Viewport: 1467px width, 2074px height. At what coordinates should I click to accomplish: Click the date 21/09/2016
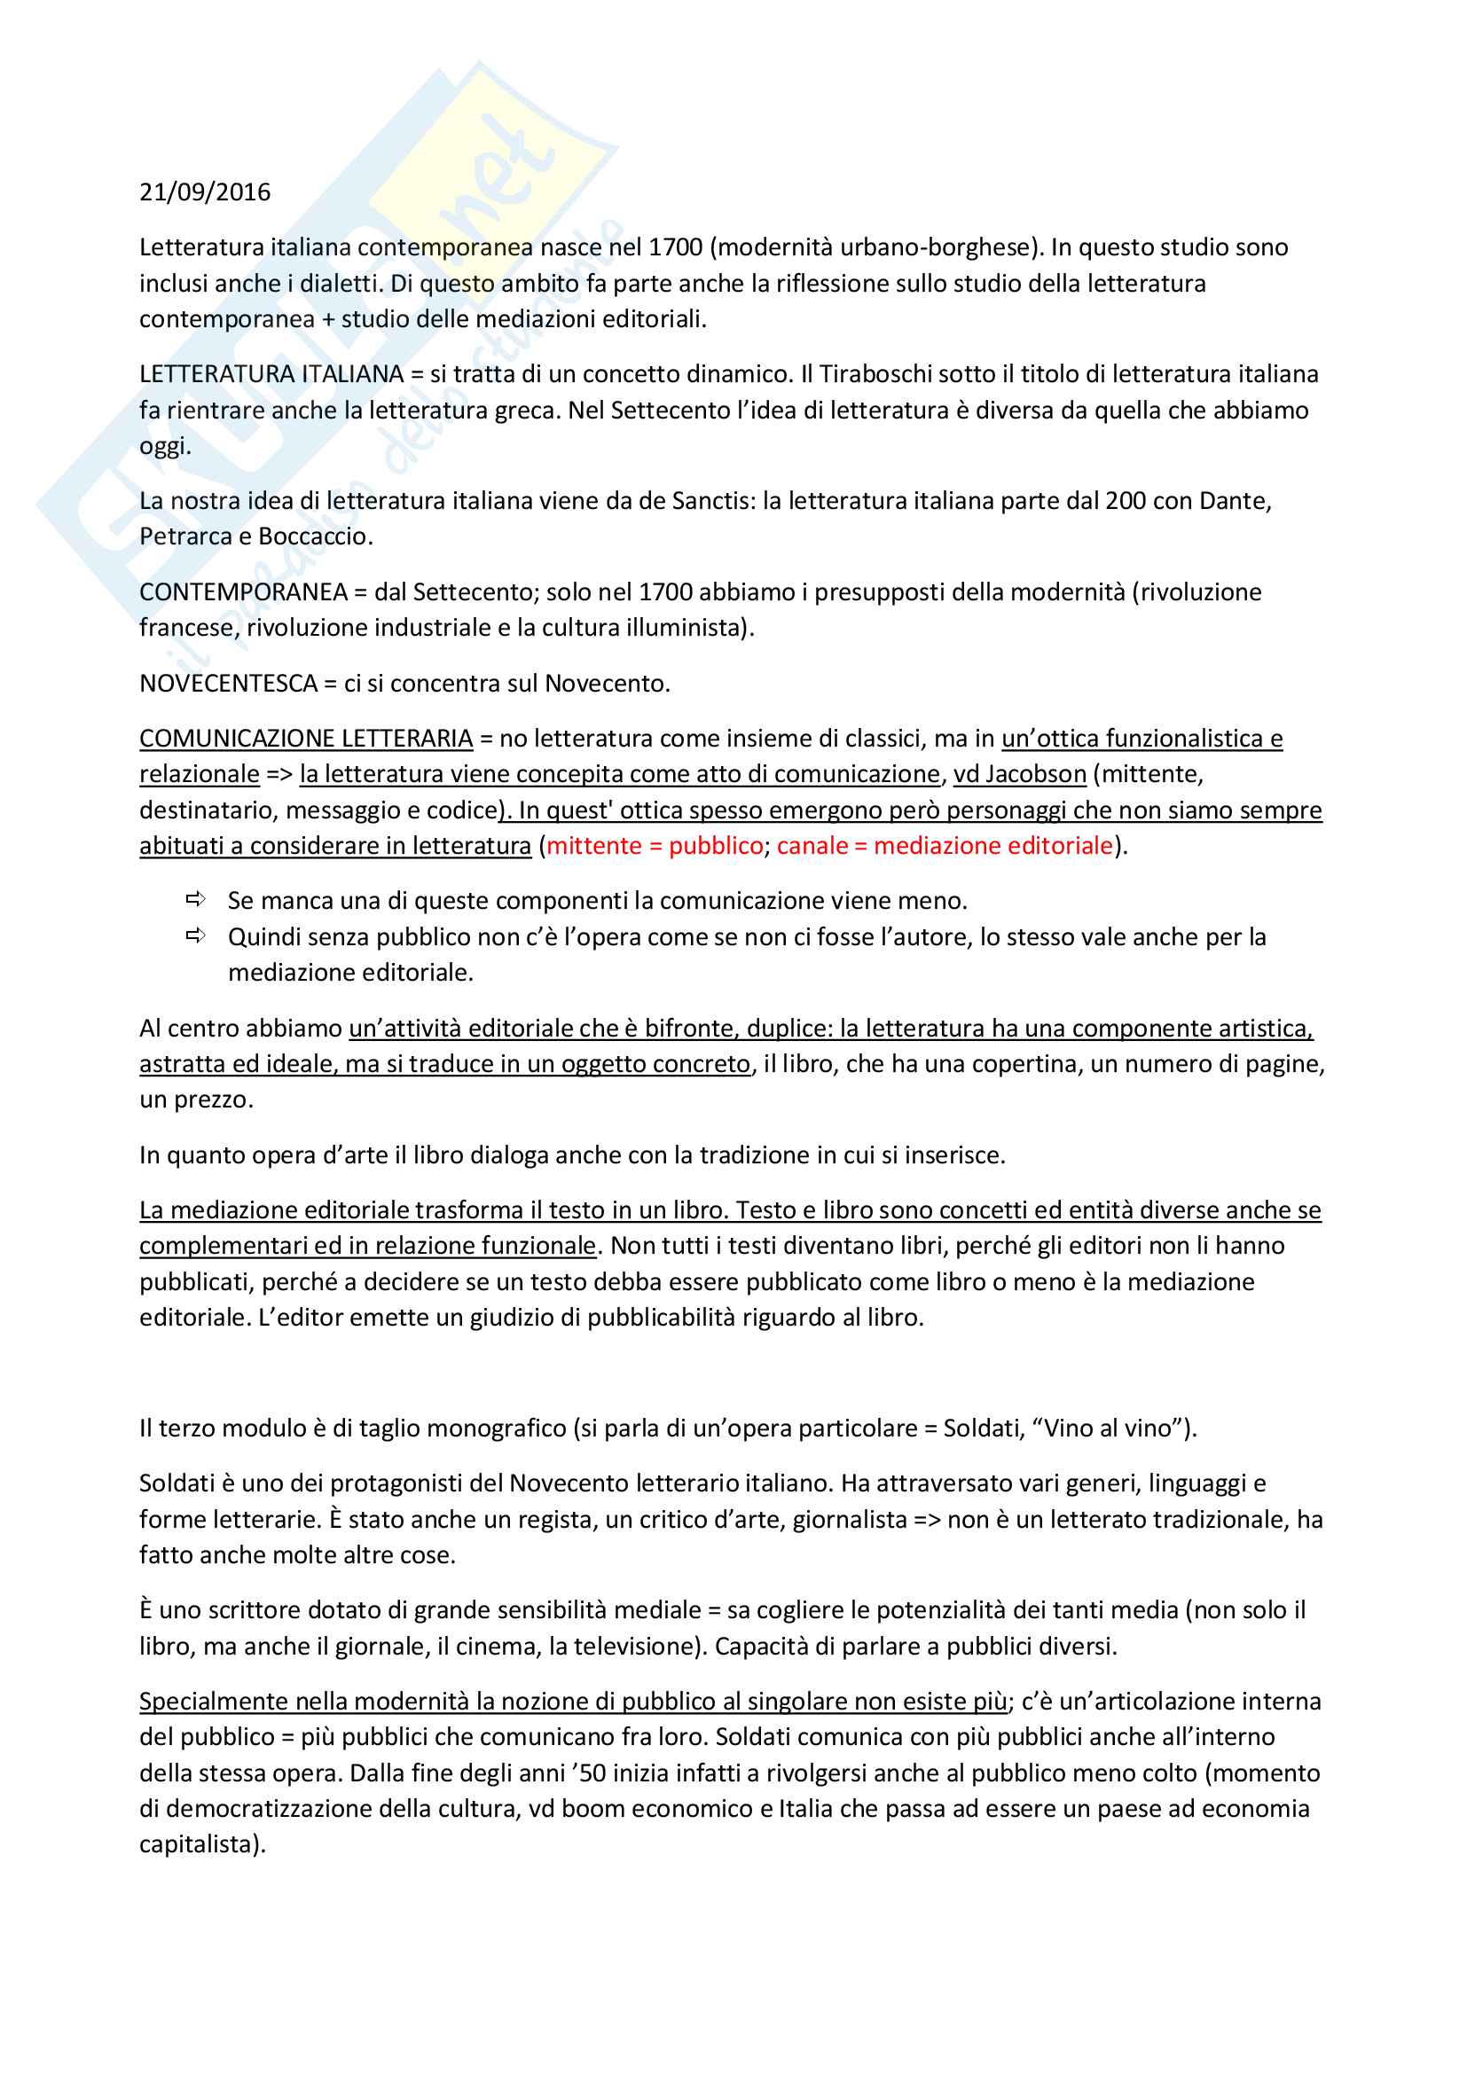click(204, 192)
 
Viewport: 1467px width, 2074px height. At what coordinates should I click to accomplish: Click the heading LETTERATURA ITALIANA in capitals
click(271, 374)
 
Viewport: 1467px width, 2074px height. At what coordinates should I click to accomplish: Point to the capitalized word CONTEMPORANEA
click(243, 591)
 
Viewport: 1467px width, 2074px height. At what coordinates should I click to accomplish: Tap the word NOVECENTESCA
click(228, 683)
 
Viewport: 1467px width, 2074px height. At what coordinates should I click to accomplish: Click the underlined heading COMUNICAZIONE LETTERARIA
click(305, 738)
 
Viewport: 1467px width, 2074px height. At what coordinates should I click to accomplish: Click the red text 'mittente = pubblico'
click(655, 846)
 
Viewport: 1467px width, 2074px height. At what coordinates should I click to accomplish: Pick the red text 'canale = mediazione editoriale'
click(944, 846)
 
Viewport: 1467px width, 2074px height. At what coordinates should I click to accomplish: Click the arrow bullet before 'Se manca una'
click(195, 900)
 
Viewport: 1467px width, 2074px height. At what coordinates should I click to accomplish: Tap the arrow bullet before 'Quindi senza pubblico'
click(195, 935)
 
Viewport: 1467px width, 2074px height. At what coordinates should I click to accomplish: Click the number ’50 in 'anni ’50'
click(589, 1773)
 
